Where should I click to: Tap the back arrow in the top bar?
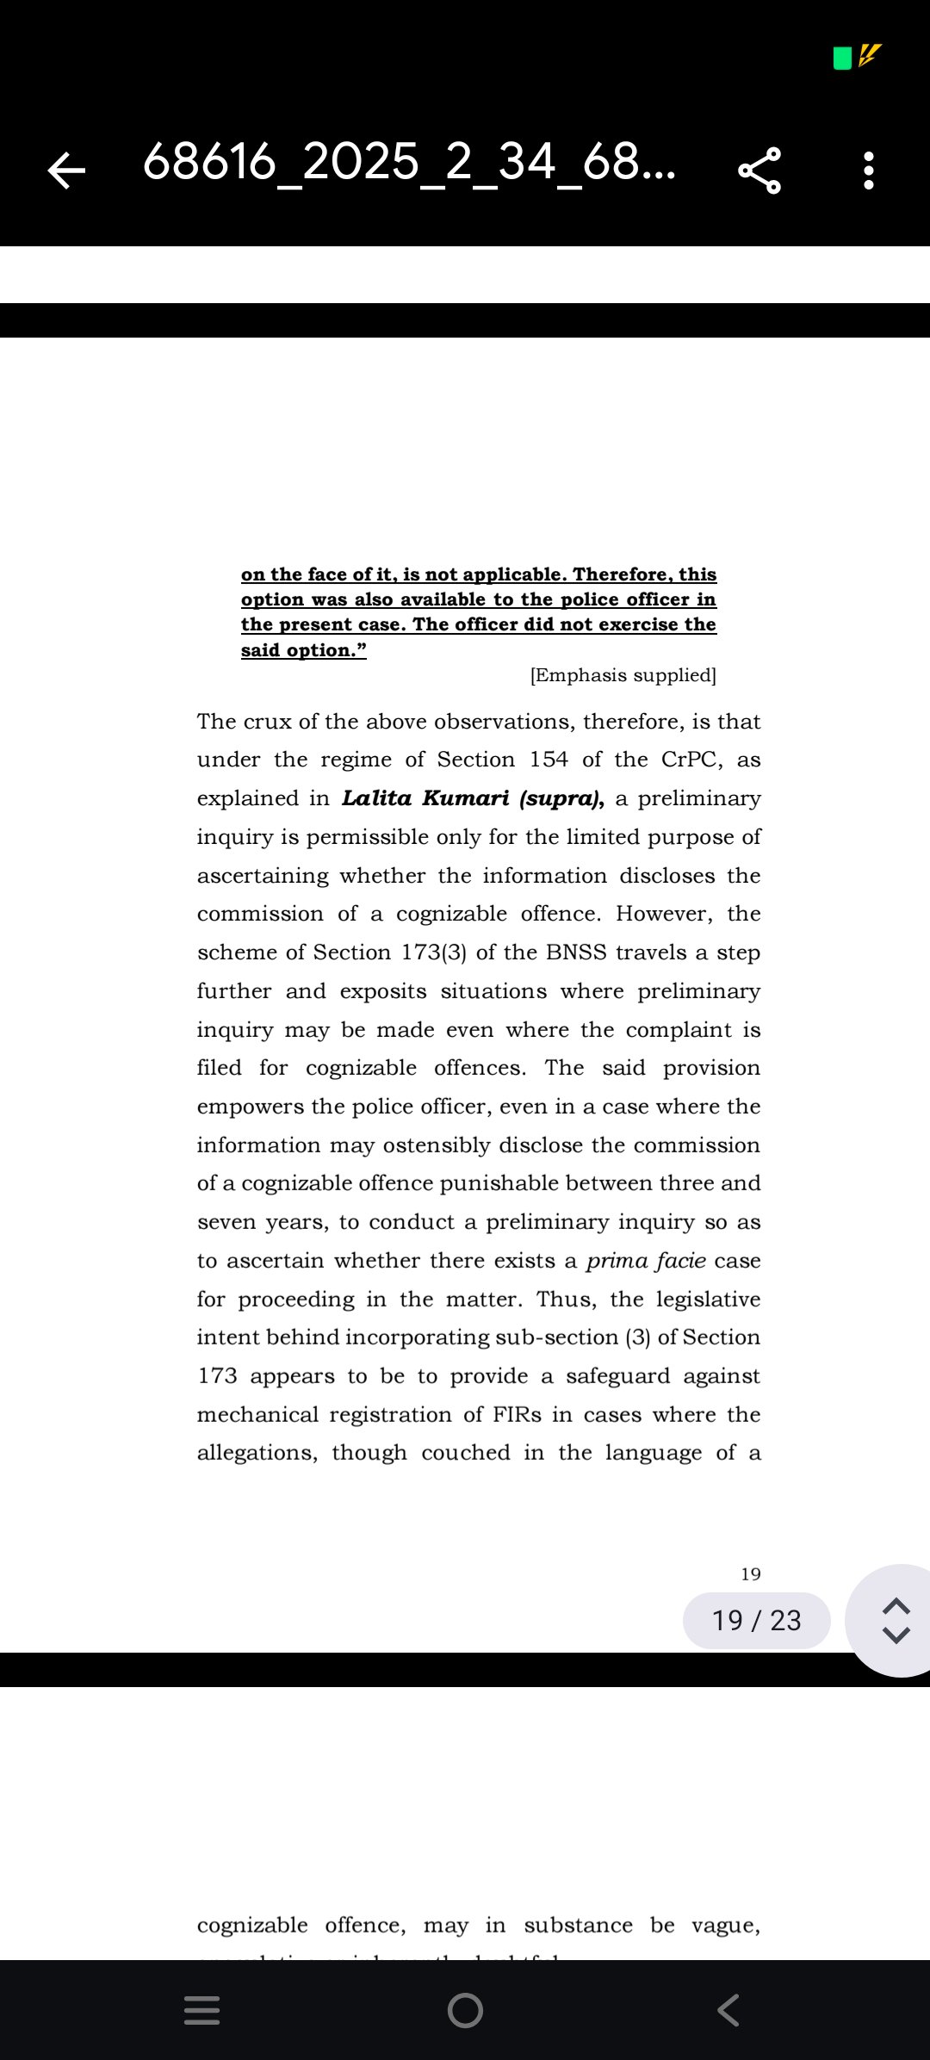[66, 170]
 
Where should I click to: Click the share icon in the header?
[759, 170]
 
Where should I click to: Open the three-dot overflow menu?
[868, 170]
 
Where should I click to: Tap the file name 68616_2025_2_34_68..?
[408, 162]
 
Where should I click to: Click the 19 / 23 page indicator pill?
[756, 1620]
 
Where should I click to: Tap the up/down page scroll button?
[896, 1620]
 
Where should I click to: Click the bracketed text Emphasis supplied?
[623, 675]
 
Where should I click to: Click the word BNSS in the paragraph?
[576, 952]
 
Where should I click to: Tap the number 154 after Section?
[549, 760]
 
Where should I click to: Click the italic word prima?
[617, 1261]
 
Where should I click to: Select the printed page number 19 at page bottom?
[751, 1574]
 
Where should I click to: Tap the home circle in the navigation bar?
[465, 2010]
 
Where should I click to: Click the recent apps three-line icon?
[202, 2010]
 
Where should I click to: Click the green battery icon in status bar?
[842, 58]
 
